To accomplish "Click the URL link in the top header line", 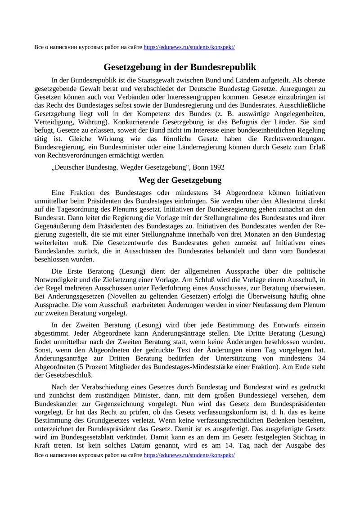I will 189,47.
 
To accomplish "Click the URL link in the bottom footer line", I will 189,455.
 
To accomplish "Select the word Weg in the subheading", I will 147,180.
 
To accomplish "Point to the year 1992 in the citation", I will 216,167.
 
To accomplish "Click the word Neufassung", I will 268,305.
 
